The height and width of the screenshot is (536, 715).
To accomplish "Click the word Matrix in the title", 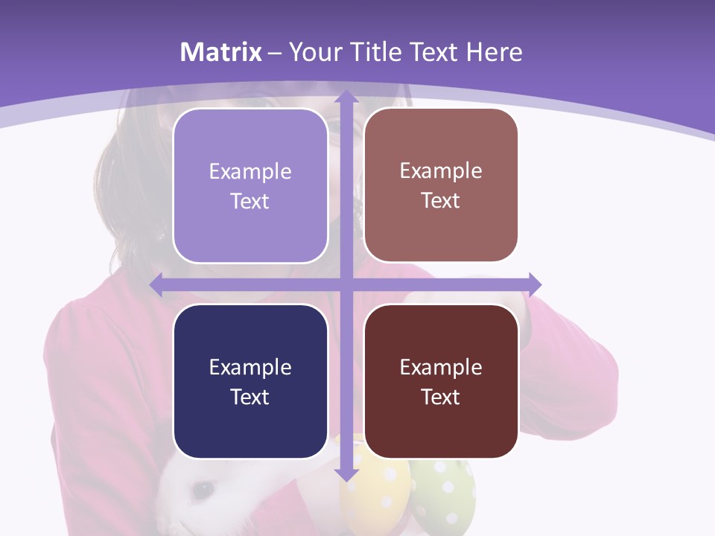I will pyautogui.click(x=221, y=52).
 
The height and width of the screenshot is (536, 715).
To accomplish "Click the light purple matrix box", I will pyautogui.click(x=250, y=186).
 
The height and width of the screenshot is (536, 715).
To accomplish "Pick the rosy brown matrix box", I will pyautogui.click(x=441, y=185).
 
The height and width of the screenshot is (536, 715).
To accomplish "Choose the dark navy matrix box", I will pyautogui.click(x=250, y=381).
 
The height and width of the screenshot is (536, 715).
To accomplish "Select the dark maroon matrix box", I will pyautogui.click(x=441, y=381).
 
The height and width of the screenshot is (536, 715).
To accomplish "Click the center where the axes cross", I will pyautogui.click(x=346, y=284).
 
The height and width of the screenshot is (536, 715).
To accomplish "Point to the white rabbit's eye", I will pyautogui.click(x=200, y=489).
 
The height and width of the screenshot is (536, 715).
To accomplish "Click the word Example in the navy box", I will pyautogui.click(x=250, y=367).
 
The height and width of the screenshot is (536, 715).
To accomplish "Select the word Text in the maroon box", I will pyautogui.click(x=441, y=397).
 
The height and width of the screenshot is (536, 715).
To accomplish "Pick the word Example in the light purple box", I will pyautogui.click(x=250, y=172).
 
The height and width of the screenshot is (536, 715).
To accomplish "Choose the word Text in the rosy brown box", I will pyautogui.click(x=441, y=201).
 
